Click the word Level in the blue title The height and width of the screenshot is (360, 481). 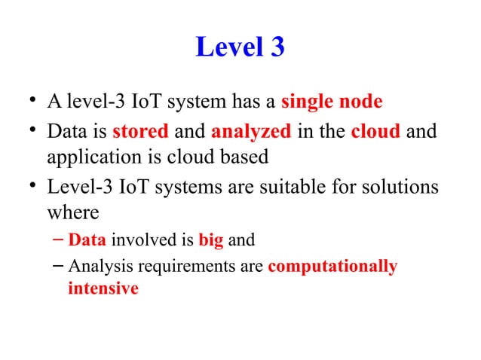pos(227,48)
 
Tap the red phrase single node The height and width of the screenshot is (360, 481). pos(332,102)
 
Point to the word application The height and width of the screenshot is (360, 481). pos(91,159)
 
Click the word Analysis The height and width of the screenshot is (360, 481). pos(93,267)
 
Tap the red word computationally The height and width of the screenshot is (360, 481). pos(332,267)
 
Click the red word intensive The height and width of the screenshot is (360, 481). pos(103,288)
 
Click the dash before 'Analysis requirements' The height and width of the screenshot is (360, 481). pos(58,266)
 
